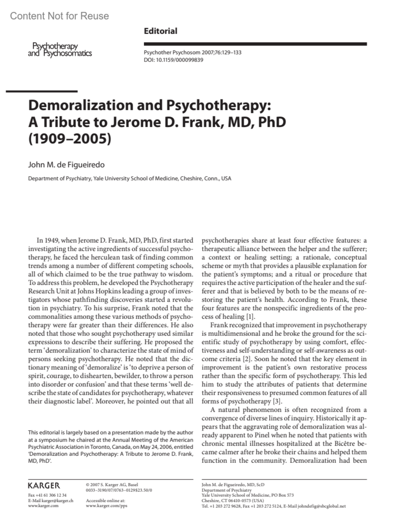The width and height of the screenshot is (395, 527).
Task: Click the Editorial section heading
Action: click(160, 31)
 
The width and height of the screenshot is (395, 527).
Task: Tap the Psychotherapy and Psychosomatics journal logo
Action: click(60, 50)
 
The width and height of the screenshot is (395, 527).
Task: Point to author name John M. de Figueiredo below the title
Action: click(66, 165)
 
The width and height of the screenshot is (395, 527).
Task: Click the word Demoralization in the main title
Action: click(79, 105)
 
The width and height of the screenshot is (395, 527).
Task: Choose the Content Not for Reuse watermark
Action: click(60, 16)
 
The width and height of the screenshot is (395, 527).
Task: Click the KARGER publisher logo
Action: click(44, 486)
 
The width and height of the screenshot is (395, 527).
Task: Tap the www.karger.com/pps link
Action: click(106, 506)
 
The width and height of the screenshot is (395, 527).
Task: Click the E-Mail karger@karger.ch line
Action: click(51, 501)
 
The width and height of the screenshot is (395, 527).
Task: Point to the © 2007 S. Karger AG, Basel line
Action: click(112, 485)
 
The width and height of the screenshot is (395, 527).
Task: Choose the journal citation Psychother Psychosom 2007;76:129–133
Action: click(193, 52)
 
